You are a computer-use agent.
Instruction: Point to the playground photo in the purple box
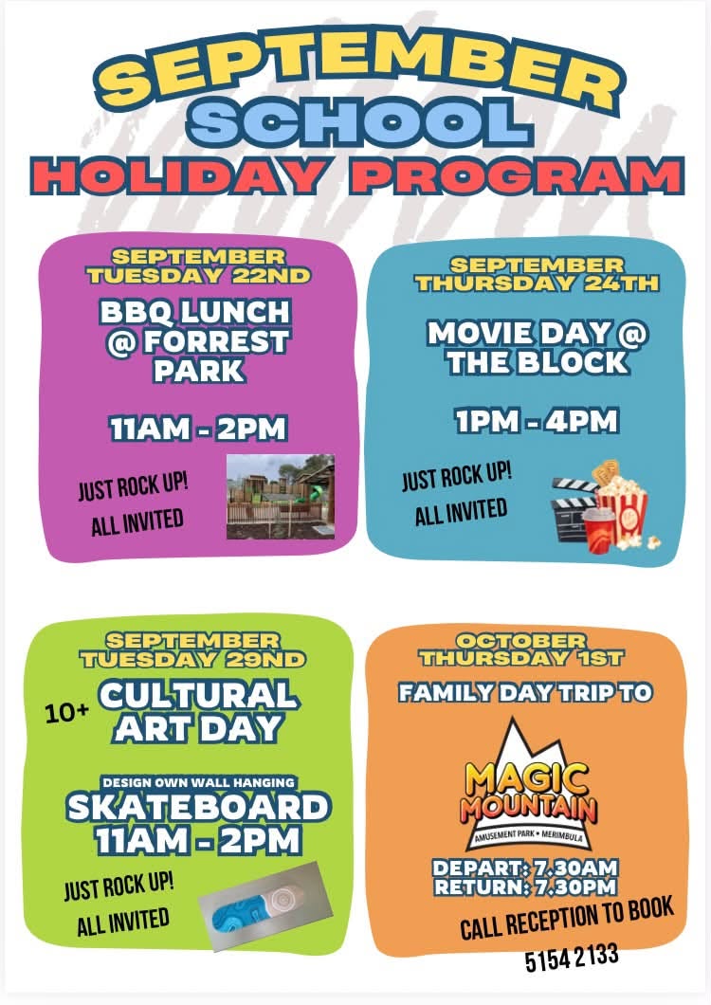(x=281, y=497)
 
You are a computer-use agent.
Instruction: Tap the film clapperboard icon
(x=573, y=508)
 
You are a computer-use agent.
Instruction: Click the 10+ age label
(x=66, y=713)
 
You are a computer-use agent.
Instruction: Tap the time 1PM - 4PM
(x=537, y=422)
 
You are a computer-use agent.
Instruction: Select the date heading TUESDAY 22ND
(x=199, y=276)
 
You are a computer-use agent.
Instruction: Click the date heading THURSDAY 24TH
(x=538, y=283)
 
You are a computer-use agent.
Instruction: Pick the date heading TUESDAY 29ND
(x=193, y=659)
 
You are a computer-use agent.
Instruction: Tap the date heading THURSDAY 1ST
(x=521, y=658)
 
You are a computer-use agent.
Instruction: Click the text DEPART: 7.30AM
(x=525, y=868)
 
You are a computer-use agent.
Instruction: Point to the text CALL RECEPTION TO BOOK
(x=568, y=918)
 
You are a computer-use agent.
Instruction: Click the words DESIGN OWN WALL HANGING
(x=199, y=782)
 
